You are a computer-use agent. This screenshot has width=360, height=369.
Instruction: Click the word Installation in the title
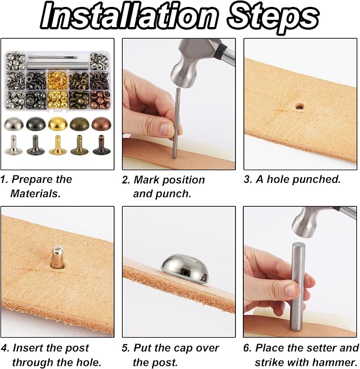[x=128, y=16]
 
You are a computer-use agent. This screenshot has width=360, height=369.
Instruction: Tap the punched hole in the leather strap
[x=299, y=107]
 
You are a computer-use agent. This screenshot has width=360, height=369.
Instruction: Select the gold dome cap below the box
[x=58, y=124]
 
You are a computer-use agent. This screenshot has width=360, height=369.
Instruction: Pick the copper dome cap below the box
[x=101, y=123]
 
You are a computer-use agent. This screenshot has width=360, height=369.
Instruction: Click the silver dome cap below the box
[x=14, y=124]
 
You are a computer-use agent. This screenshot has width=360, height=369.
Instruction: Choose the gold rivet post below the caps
[x=57, y=145]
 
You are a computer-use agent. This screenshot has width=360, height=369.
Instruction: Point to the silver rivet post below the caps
[x=14, y=145]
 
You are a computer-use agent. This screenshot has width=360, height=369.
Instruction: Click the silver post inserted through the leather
[x=58, y=257]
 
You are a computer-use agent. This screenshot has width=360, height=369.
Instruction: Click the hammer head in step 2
[x=186, y=64]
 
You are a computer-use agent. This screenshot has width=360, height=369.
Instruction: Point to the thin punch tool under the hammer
[x=176, y=123]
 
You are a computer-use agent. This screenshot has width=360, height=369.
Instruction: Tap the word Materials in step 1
[x=36, y=194]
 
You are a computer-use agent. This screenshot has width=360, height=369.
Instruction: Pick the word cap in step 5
[x=185, y=348]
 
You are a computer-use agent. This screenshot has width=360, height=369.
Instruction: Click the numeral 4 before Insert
[x=5, y=348]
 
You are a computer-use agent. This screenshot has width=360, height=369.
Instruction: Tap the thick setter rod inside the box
[x=58, y=66]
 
